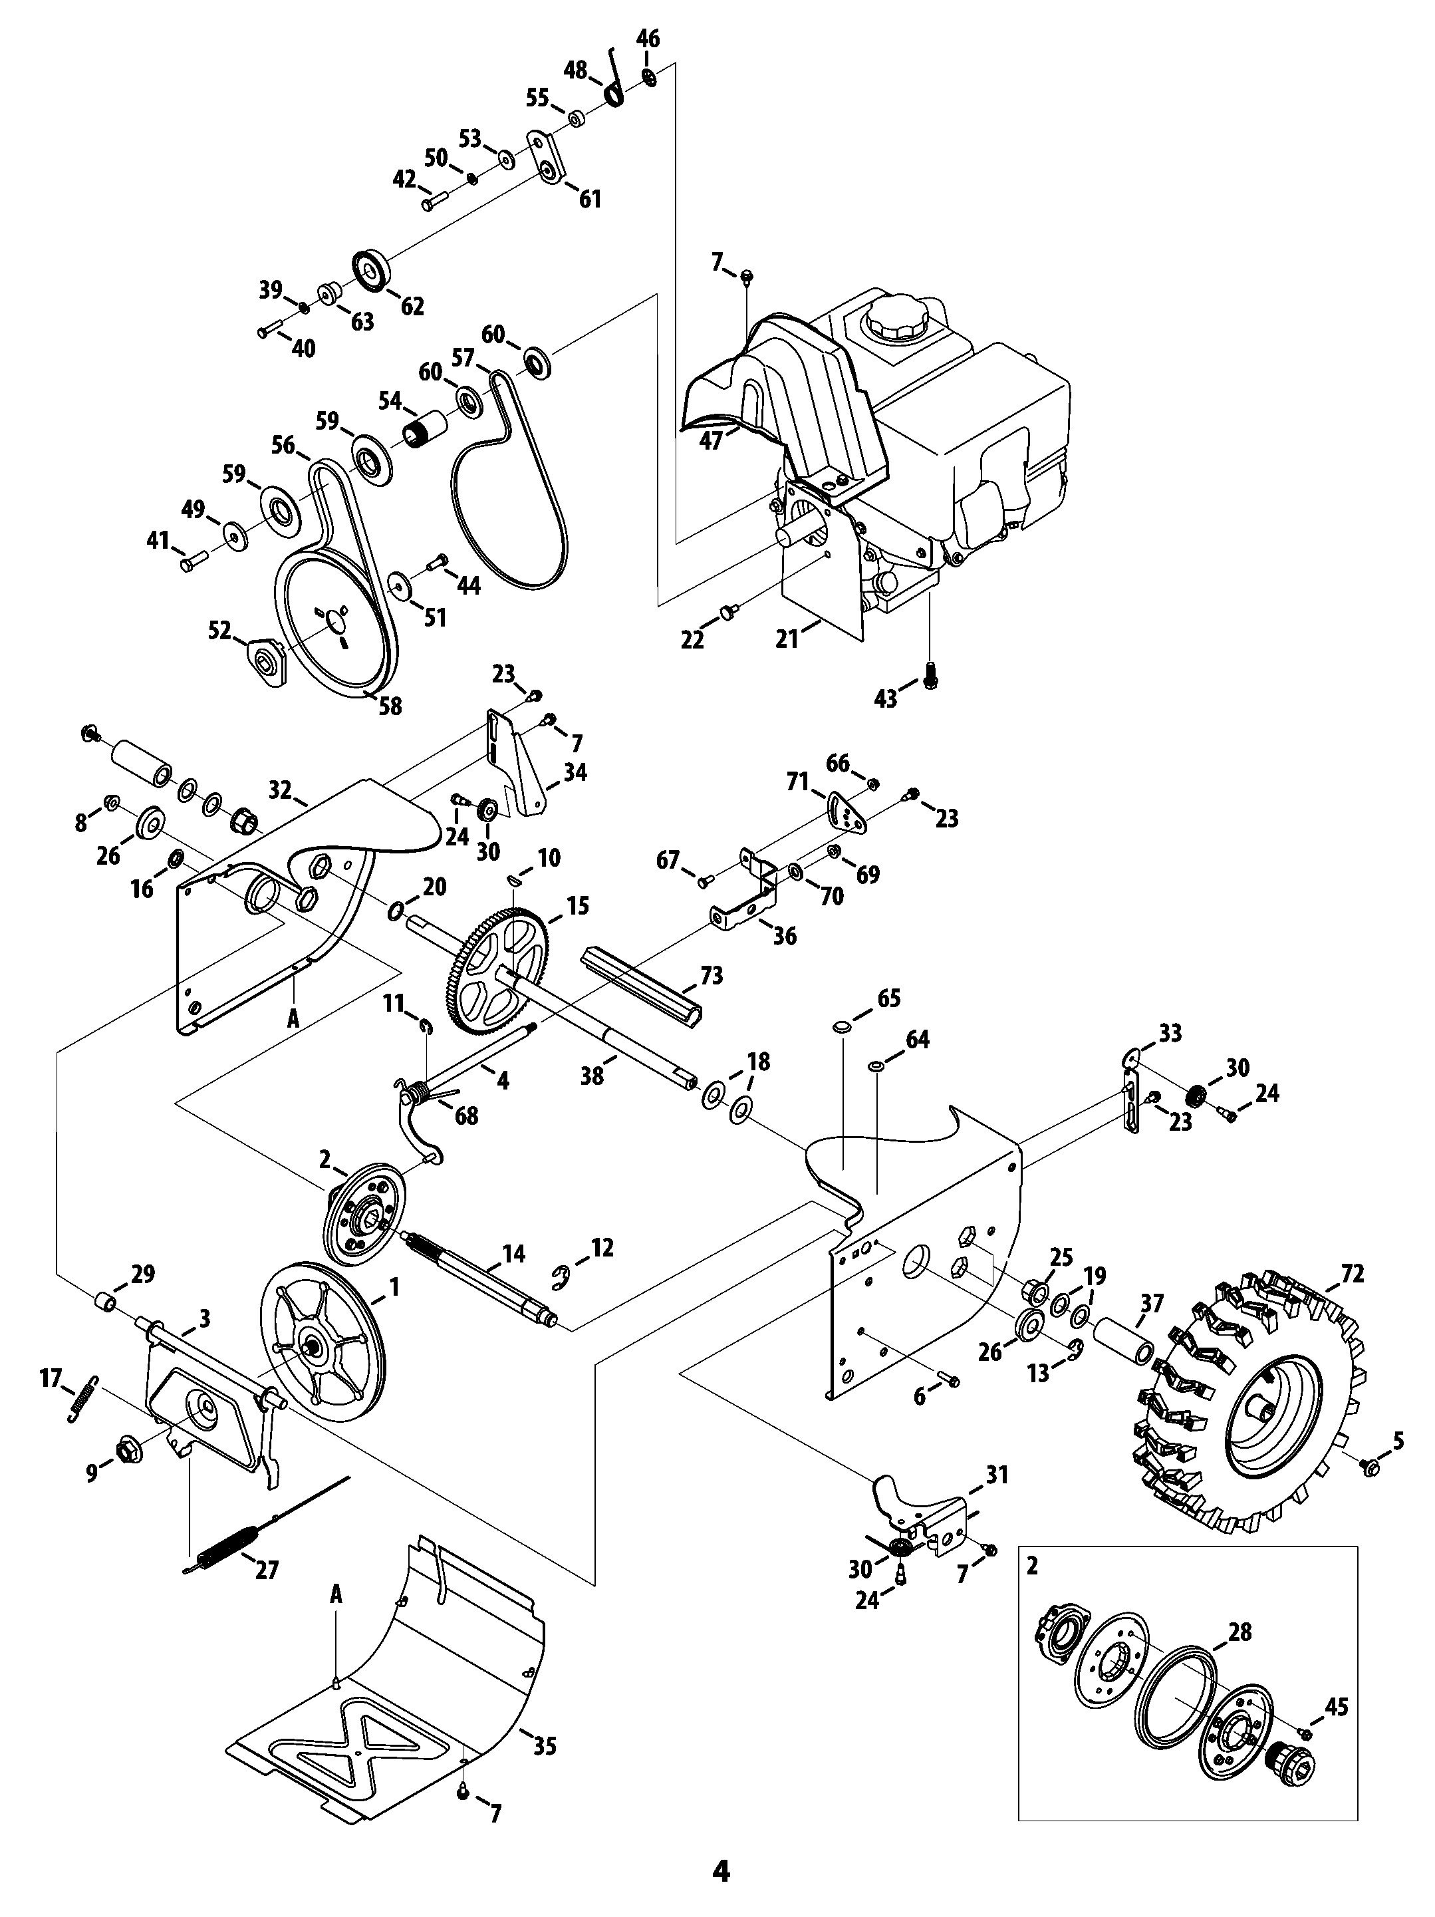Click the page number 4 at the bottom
(720, 1871)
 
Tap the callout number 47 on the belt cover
(711, 441)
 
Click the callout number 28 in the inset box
(1240, 1632)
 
